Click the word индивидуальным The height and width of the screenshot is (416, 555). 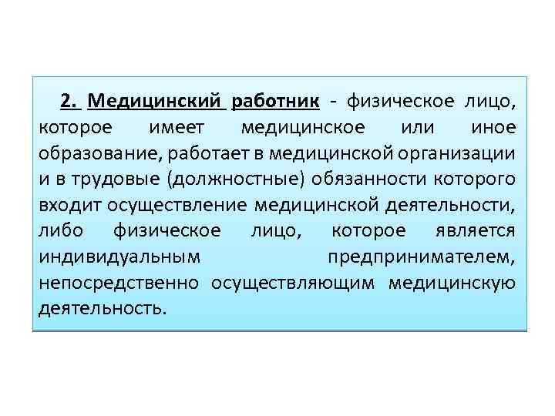(x=112, y=257)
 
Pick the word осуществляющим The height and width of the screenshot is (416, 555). (x=292, y=283)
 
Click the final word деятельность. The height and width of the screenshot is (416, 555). (x=101, y=309)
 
